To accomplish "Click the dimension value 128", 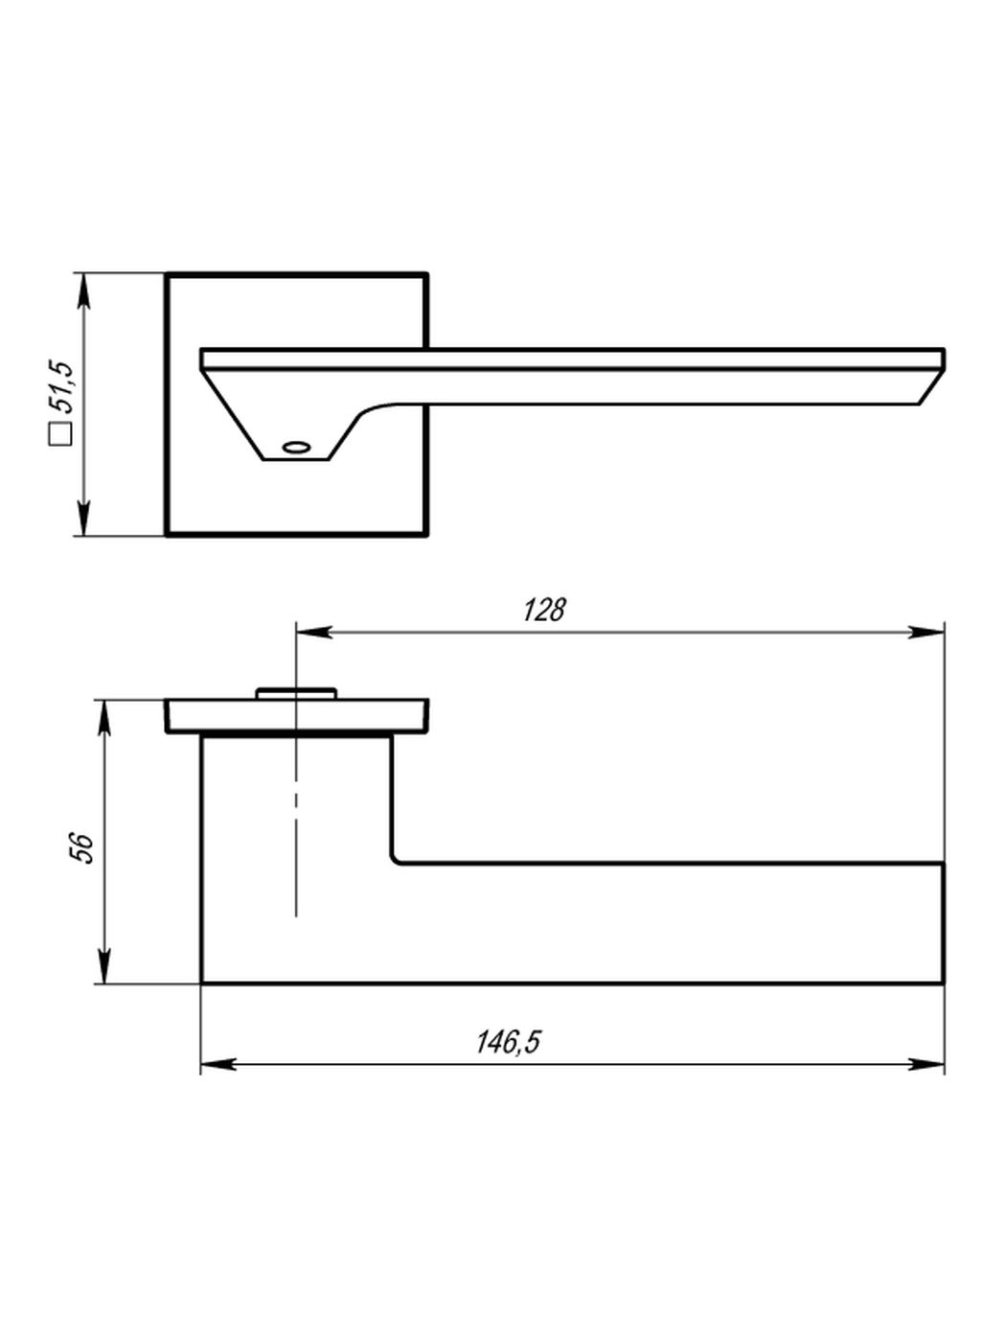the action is pyautogui.click(x=544, y=610).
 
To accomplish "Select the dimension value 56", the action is pyautogui.click(x=81, y=846).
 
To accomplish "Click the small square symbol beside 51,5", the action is pyautogui.click(x=61, y=433).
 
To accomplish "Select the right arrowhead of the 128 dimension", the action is pyautogui.click(x=926, y=632).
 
